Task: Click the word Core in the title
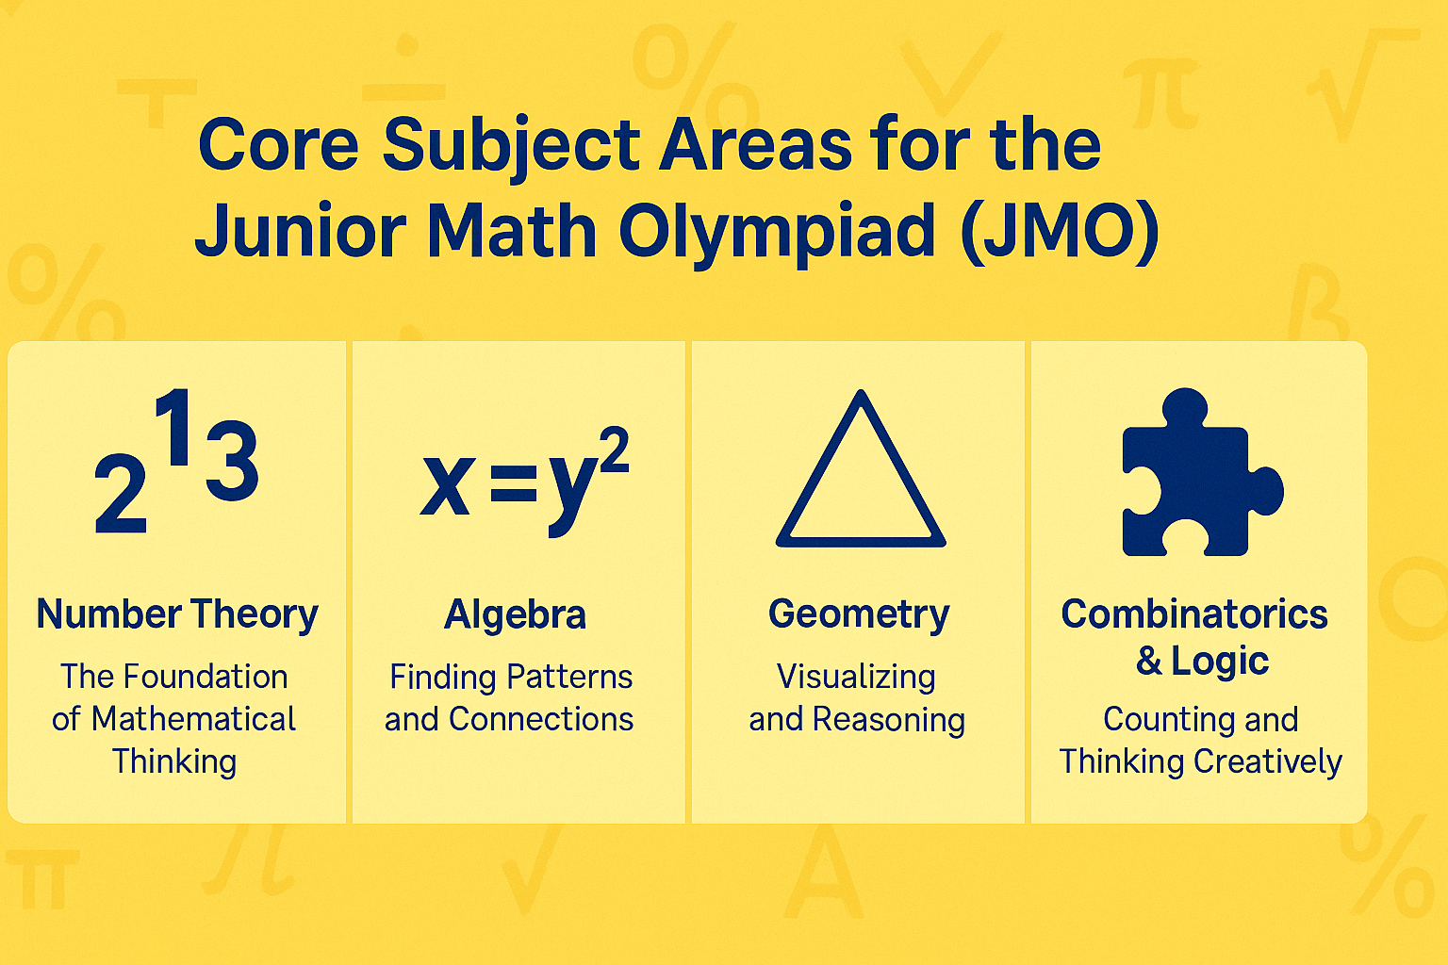279,146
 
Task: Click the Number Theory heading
177,614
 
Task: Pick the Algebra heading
515,615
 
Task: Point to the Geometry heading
859,614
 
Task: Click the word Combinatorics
1194,614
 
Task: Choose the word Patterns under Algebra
569,677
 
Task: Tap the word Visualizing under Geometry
856,678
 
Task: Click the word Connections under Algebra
541,719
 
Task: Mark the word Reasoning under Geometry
888,720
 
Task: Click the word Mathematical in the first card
194,719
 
